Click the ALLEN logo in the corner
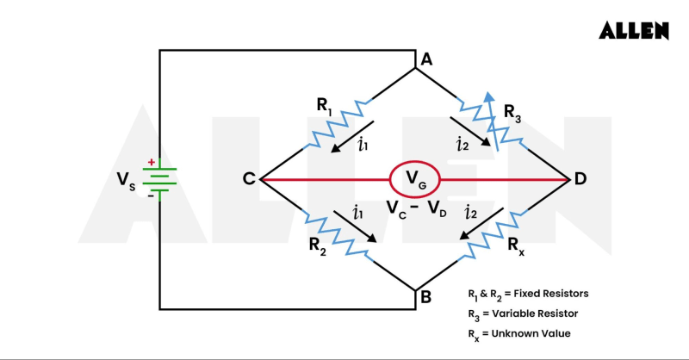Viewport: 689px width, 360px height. pos(634,30)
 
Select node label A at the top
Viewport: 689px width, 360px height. pos(425,59)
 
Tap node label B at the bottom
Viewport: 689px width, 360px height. pos(425,299)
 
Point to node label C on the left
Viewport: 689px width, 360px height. pos(248,179)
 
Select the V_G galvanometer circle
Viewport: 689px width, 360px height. pos(415,180)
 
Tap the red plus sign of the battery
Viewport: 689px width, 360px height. pos(152,161)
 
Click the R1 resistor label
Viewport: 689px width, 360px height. pos(325,106)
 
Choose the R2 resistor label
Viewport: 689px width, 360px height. pos(318,244)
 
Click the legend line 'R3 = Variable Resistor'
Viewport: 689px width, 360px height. pos(523,313)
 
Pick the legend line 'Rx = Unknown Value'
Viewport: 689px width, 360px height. pos(518,333)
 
